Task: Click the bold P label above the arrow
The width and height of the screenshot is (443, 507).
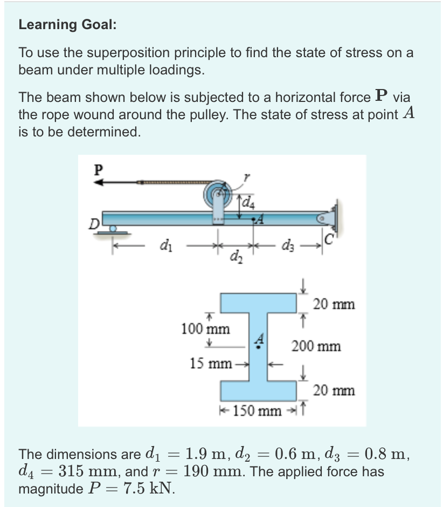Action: (x=98, y=169)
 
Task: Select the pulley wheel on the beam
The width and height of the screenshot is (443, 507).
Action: (x=217, y=193)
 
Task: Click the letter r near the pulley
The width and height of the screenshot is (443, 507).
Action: (x=247, y=176)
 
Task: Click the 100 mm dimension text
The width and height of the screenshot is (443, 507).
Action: (x=205, y=328)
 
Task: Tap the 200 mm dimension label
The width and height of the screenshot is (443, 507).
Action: (x=316, y=346)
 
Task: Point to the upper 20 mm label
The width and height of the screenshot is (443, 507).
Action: (x=334, y=304)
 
